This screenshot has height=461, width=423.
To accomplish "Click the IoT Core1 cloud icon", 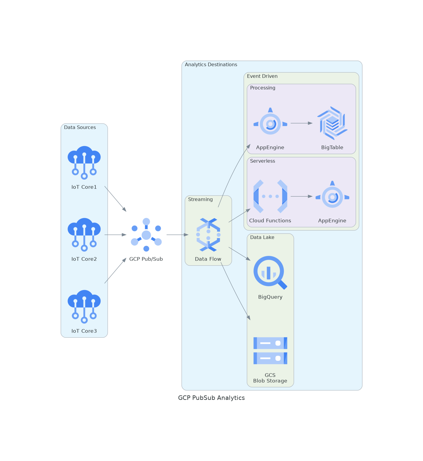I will (x=84, y=162).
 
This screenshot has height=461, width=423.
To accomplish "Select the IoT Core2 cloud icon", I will (x=84, y=234).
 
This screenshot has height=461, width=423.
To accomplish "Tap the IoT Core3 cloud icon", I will (x=84, y=306).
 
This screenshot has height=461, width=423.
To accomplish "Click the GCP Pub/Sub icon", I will (x=146, y=235).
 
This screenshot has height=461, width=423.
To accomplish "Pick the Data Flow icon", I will (x=208, y=235).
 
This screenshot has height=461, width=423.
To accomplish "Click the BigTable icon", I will (x=332, y=123).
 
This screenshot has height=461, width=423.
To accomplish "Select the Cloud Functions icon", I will (x=270, y=196).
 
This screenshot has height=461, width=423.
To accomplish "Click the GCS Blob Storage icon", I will (x=270, y=351).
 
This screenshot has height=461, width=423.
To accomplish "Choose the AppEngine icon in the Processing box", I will (x=270, y=123).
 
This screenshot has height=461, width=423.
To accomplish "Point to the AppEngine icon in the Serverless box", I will (x=332, y=196).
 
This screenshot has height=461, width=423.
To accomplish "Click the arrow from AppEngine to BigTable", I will (x=301, y=123).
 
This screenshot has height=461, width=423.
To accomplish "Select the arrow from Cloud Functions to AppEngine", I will (x=301, y=196).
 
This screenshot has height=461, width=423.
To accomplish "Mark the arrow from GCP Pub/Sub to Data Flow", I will (x=177, y=235).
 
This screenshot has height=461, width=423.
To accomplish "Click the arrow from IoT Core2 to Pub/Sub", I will (x=115, y=235).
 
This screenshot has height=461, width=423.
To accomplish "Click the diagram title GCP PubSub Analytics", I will (x=211, y=398).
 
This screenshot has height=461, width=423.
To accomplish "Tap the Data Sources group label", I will (x=80, y=127).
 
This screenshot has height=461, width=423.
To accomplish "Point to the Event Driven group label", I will (x=262, y=76).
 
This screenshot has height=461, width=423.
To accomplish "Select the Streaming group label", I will (x=200, y=199).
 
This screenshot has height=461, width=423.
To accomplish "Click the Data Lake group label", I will (x=262, y=237).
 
